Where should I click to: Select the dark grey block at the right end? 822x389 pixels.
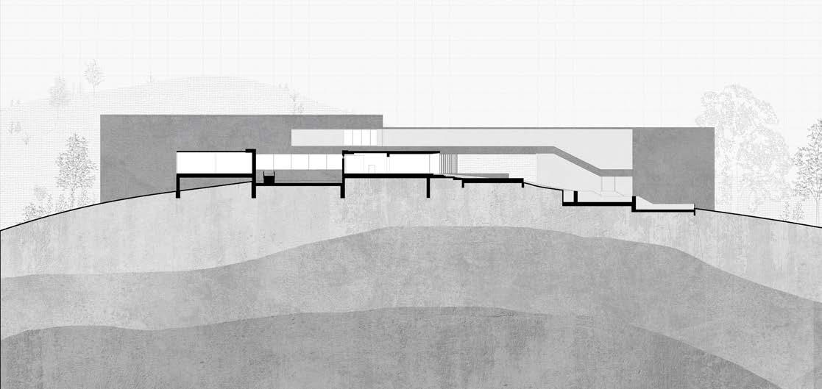(x=673, y=165)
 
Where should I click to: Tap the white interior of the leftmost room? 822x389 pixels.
(x=213, y=162)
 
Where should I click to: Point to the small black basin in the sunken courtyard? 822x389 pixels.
(x=269, y=177)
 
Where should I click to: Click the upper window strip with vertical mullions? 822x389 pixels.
(x=361, y=138)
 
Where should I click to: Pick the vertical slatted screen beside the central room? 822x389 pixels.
(x=448, y=163)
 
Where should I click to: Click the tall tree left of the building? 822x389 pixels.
(x=76, y=169)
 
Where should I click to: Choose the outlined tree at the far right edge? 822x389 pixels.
(x=809, y=176)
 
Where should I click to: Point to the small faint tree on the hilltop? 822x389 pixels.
(x=93, y=74)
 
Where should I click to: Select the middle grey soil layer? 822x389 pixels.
(x=368, y=272)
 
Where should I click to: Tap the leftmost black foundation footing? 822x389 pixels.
(x=177, y=188)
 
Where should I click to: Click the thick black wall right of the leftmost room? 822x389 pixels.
(x=253, y=173)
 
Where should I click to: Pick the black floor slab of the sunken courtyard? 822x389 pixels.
(x=298, y=185)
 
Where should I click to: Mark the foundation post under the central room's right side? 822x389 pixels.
(x=428, y=187)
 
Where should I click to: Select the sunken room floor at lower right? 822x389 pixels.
(x=603, y=203)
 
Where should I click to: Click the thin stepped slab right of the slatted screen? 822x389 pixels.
(x=486, y=179)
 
